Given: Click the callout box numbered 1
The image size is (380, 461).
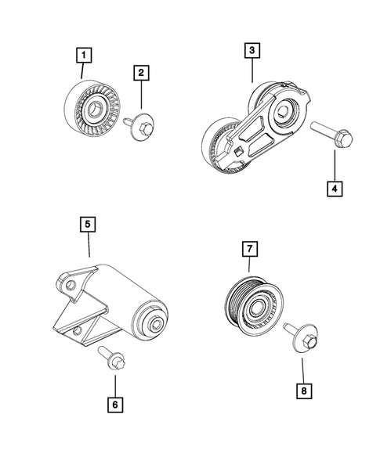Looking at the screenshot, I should [x=84, y=56].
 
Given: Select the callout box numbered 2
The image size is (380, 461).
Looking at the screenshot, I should [x=141, y=74].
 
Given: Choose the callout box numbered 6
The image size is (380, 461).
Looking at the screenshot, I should [x=115, y=405].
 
